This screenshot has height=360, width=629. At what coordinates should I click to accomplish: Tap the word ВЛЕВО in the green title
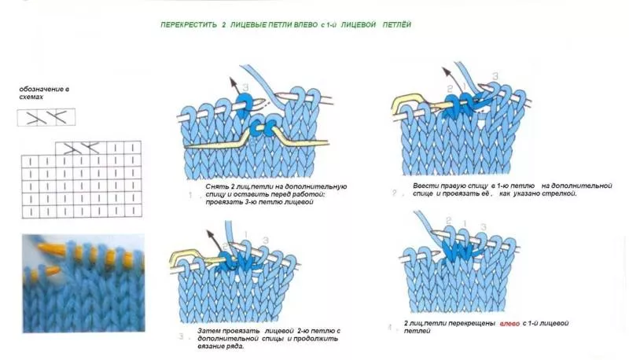303,24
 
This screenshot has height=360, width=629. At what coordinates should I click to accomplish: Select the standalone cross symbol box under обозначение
46,118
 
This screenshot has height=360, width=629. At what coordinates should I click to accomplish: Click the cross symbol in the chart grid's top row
80,147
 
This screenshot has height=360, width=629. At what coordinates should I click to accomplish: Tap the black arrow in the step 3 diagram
214,238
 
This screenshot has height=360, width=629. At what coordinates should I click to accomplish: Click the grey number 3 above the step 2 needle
495,76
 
